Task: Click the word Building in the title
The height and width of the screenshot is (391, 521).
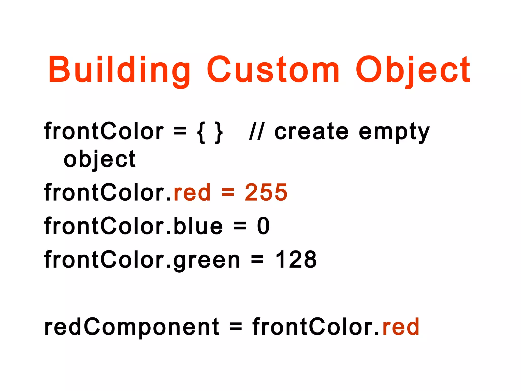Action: pos(119,70)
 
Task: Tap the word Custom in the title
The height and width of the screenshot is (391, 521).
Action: pos(273,70)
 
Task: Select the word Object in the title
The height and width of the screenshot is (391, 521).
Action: pos(413,70)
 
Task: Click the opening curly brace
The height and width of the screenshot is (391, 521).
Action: pos(201,132)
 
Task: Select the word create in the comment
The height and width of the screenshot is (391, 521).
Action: pos(311,132)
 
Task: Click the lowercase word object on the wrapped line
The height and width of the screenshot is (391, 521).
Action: pos(100,160)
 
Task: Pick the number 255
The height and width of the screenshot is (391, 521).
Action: pos(266,192)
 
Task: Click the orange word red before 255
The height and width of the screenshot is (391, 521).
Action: pos(192,192)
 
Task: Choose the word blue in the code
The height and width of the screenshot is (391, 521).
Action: pos(198,226)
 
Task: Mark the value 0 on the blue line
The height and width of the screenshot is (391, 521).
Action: pos(263,226)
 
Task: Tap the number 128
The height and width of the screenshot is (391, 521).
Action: pos(296,260)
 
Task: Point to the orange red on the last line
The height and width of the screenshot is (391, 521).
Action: pos(401,327)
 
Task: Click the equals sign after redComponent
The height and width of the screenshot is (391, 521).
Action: pos(236,327)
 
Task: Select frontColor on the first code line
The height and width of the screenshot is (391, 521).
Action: pos(104,132)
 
